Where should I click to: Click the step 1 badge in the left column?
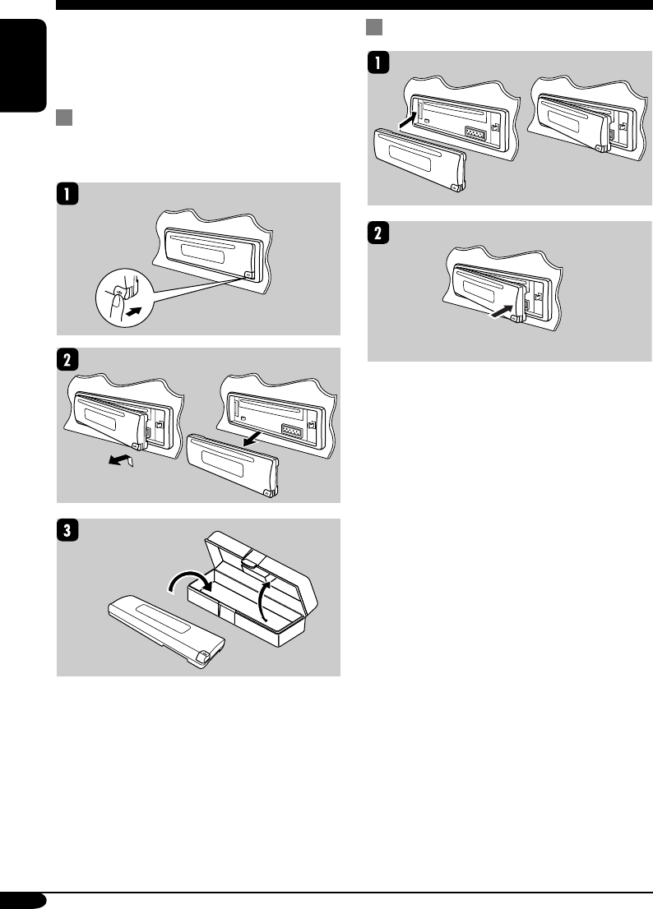point(67,194)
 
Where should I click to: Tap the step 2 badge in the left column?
point(67,359)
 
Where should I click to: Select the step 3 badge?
point(67,530)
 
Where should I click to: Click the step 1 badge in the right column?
point(378,62)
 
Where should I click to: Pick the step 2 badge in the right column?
point(378,233)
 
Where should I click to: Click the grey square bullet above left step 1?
point(64,117)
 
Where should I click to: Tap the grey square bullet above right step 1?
point(374,26)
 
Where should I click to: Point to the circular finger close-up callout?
point(123,298)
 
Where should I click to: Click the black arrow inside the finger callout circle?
point(133,311)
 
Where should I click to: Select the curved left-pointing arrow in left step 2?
point(120,461)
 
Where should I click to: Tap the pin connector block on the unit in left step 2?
point(292,430)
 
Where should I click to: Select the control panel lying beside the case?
point(167,634)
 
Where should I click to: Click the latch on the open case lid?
point(252,559)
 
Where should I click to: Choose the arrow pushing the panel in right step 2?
point(502,311)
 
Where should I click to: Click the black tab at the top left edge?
point(23,66)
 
